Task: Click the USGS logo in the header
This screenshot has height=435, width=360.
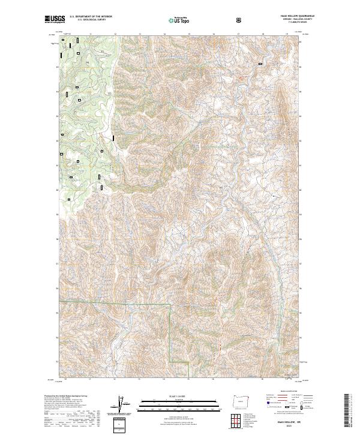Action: point(55,20)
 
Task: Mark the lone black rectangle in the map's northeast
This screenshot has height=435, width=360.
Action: point(260,64)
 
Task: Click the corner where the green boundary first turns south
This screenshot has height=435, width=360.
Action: point(171,305)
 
